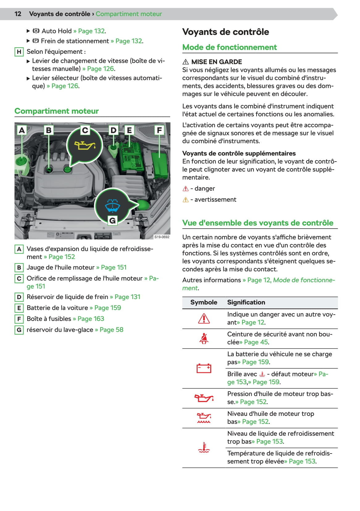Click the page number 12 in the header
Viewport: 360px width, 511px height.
[x=18, y=14]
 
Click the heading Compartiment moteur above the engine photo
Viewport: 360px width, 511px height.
[x=57, y=111]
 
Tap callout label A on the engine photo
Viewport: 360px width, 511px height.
[x=22, y=130]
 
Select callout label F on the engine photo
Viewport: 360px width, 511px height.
[x=159, y=130]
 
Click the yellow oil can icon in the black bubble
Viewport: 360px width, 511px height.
[x=84, y=145]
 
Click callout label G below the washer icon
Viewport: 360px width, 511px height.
[x=112, y=221]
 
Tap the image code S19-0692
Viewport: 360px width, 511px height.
[x=162, y=237]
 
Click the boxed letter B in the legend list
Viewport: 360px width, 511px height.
[x=19, y=268]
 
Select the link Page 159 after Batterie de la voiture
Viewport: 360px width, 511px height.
[x=108, y=308]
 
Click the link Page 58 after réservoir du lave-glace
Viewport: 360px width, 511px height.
[x=111, y=330]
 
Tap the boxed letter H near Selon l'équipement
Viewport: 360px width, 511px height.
[x=19, y=52]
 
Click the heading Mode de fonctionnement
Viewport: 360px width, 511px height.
[x=229, y=47]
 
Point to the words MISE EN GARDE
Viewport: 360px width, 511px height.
[x=216, y=62]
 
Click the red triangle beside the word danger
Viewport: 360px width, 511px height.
[x=186, y=189]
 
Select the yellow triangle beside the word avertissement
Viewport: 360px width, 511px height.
[x=186, y=200]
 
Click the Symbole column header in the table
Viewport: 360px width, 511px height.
[x=204, y=302]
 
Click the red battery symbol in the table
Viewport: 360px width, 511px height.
[x=204, y=368]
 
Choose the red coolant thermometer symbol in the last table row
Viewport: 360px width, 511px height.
[x=204, y=447]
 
